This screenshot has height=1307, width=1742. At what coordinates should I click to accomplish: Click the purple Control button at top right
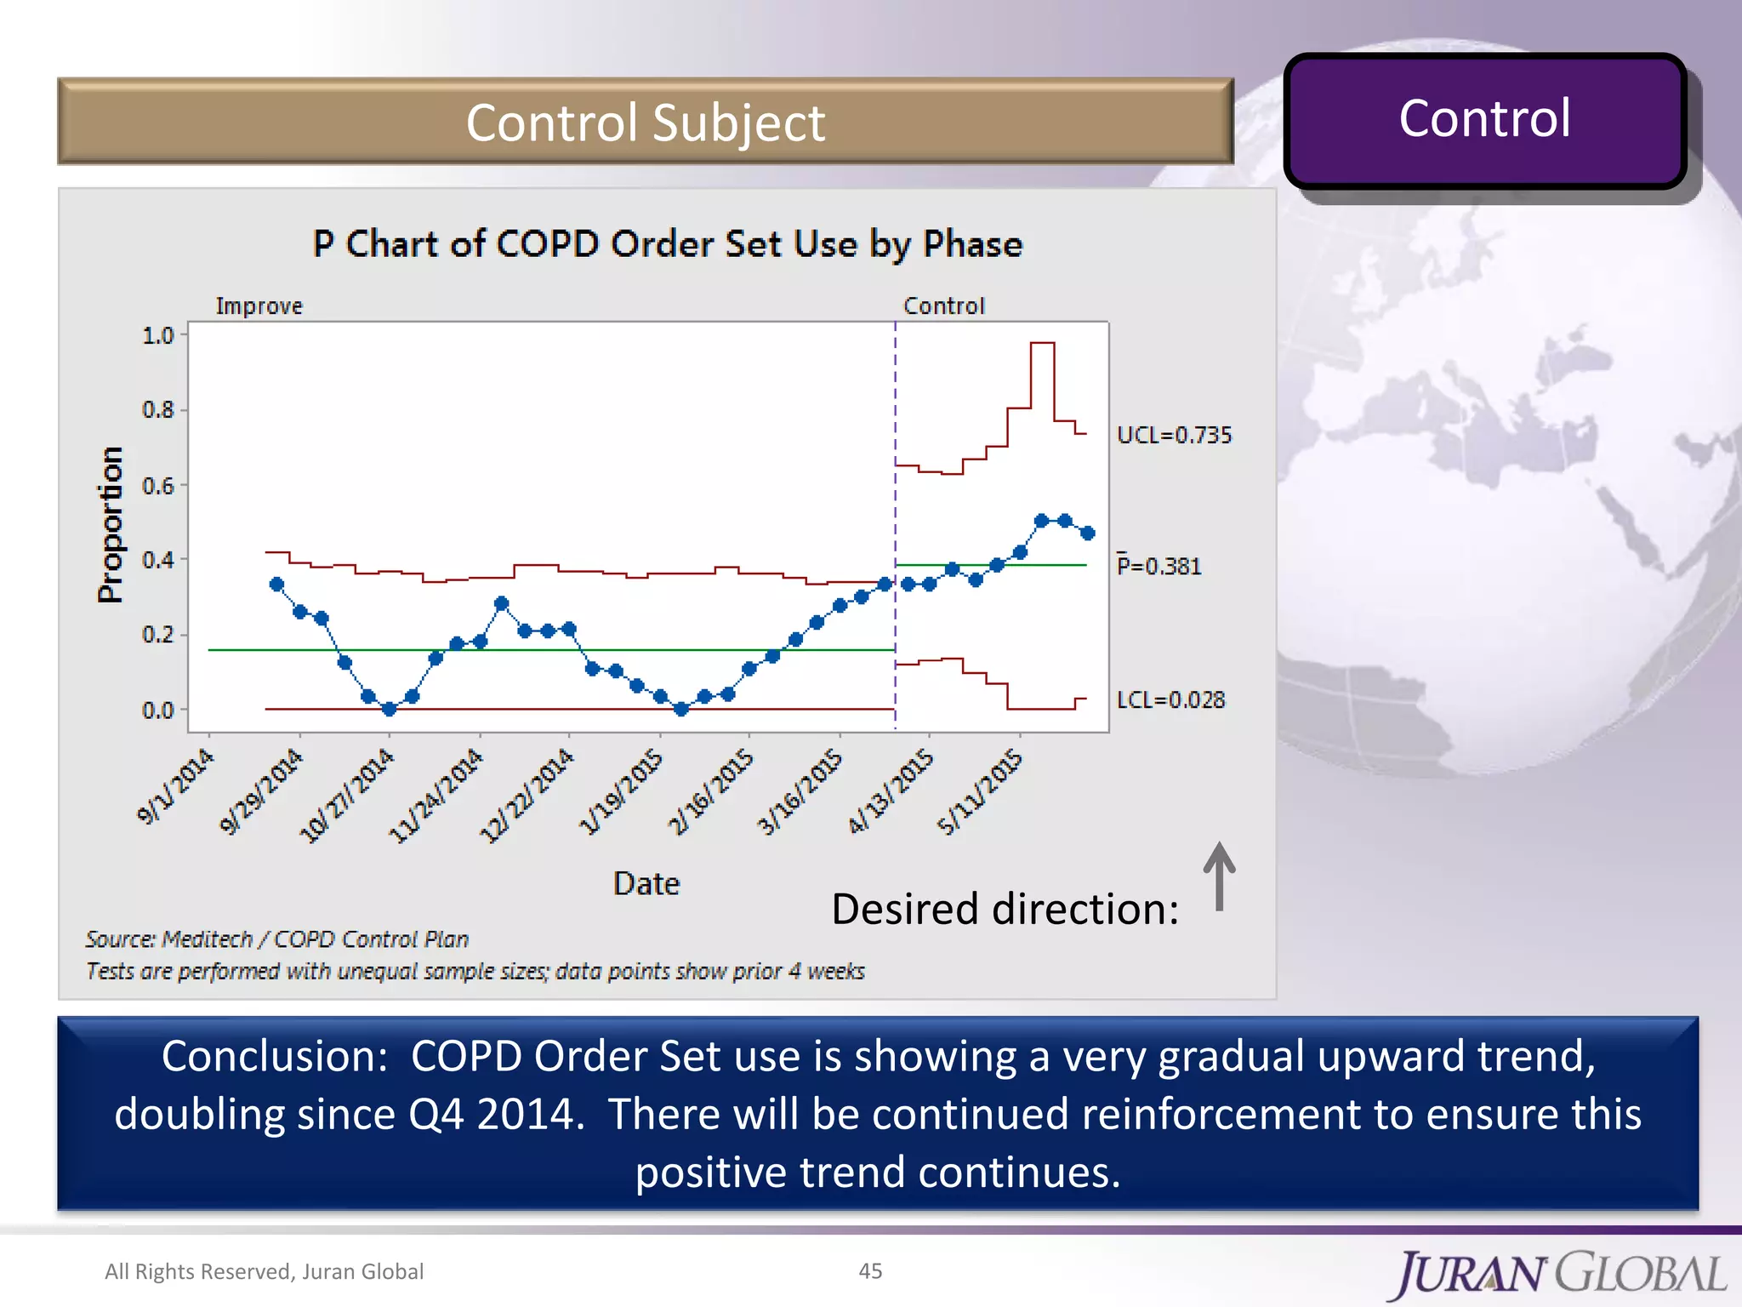[1484, 119]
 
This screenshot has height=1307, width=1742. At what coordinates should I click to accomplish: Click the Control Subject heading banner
[645, 122]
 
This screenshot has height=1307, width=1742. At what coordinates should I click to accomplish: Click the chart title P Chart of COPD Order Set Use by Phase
[667, 244]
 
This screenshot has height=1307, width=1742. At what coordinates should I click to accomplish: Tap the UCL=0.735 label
[1174, 435]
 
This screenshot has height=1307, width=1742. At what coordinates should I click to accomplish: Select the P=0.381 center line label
[1158, 566]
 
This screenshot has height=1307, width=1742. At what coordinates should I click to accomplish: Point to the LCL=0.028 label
[1170, 699]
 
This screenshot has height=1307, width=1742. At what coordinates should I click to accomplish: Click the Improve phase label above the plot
[259, 305]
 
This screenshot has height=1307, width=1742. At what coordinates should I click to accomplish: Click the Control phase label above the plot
[943, 305]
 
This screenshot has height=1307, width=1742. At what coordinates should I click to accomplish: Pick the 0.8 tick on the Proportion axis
[158, 410]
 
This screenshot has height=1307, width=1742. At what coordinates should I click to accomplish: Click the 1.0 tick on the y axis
[158, 335]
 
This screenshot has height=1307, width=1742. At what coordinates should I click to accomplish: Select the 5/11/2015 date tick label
[979, 791]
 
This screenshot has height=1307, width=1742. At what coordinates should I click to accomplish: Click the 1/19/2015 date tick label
[621, 791]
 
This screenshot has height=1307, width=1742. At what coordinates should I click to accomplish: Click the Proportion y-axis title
[110, 524]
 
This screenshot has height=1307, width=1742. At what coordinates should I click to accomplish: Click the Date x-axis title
[646, 883]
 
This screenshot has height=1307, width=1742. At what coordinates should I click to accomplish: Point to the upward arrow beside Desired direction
[1219, 876]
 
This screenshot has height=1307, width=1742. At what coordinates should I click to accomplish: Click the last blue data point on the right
[1087, 533]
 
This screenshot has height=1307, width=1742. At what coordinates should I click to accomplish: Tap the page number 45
[870, 1270]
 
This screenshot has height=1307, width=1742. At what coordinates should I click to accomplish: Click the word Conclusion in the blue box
[269, 1056]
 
